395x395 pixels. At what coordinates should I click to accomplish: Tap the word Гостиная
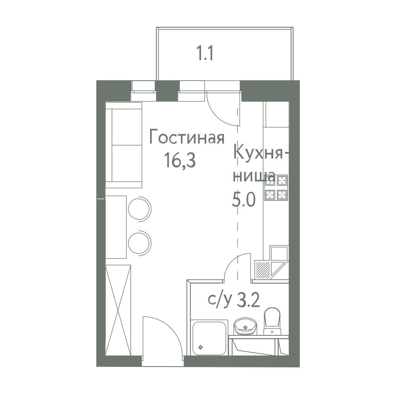tap(187, 138)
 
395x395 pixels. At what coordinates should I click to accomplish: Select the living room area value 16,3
tap(180, 161)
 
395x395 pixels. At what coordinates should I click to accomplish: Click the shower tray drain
tap(201, 347)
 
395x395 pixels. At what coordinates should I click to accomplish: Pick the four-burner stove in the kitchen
tap(276, 188)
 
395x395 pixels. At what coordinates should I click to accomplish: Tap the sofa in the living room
tap(124, 145)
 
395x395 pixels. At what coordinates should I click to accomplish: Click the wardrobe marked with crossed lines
tap(118, 310)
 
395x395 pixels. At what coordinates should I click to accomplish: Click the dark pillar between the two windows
tap(166, 91)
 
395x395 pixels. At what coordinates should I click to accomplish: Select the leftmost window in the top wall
tap(143, 91)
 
